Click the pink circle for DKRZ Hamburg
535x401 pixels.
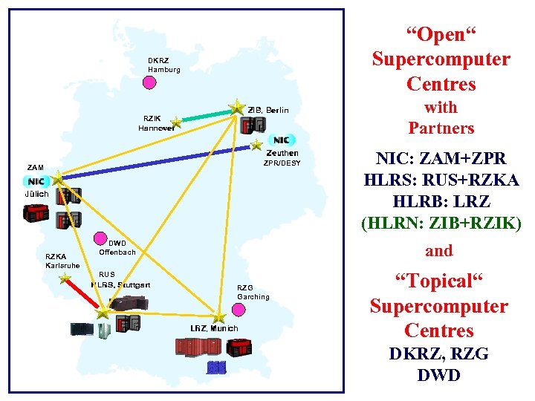[x=149, y=82]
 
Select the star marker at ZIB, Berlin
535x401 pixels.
[x=236, y=108]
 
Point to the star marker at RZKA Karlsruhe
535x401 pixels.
[x=65, y=279]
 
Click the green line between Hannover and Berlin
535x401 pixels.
[x=206, y=115]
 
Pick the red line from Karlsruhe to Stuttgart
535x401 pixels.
[x=83, y=296]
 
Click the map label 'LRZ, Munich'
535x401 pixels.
[x=214, y=328]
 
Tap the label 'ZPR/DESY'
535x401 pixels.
[x=282, y=163]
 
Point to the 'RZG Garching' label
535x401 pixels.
[x=253, y=292]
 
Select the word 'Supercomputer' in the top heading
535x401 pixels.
[x=441, y=59]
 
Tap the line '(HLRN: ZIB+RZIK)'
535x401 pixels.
[x=441, y=222]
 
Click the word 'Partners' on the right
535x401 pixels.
[x=441, y=128]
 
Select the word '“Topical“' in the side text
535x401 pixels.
[x=439, y=281]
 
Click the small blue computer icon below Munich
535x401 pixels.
[x=216, y=367]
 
